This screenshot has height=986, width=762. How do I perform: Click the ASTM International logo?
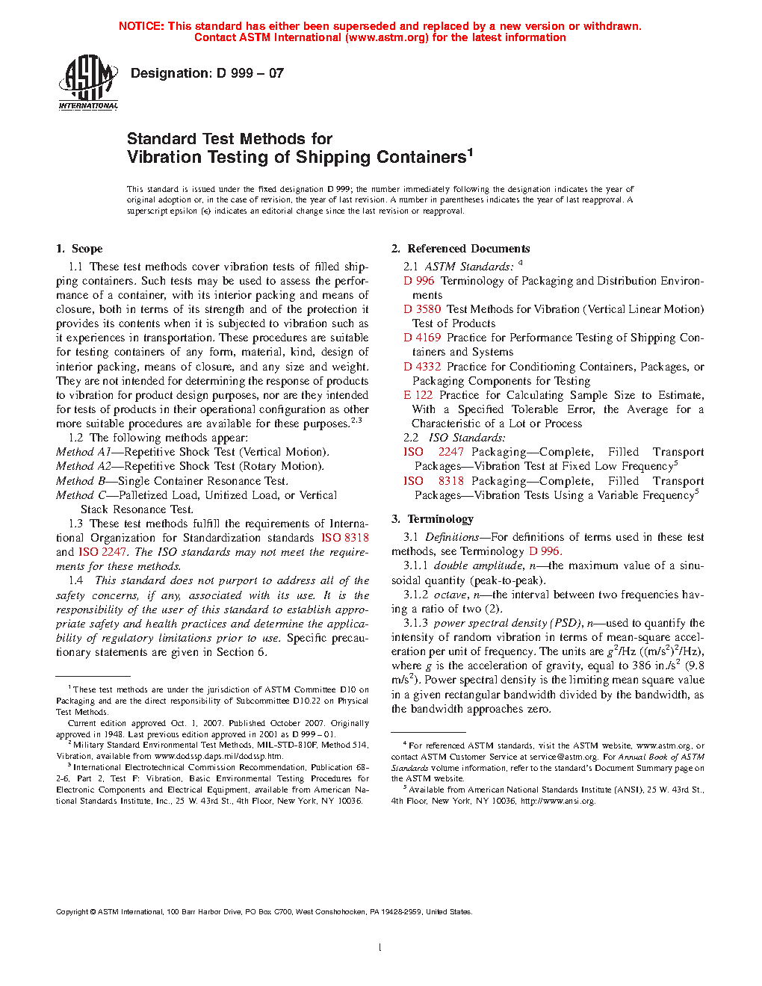coord(88,83)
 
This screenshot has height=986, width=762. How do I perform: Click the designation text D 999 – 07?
coord(207,73)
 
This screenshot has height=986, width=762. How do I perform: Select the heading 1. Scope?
coord(79,249)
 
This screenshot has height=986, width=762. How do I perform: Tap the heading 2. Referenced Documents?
coord(460,249)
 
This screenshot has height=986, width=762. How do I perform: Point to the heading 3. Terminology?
coord(433,519)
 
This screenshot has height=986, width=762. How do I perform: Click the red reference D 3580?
coord(422,309)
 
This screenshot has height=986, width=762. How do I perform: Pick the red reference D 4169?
coord(422,338)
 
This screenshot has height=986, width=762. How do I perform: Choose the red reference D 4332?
coord(422,367)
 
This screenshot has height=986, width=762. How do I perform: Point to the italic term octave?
coord(450,595)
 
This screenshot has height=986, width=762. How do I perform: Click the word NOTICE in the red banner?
coord(141,26)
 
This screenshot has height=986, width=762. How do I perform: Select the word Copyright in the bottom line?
coord(72,911)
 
